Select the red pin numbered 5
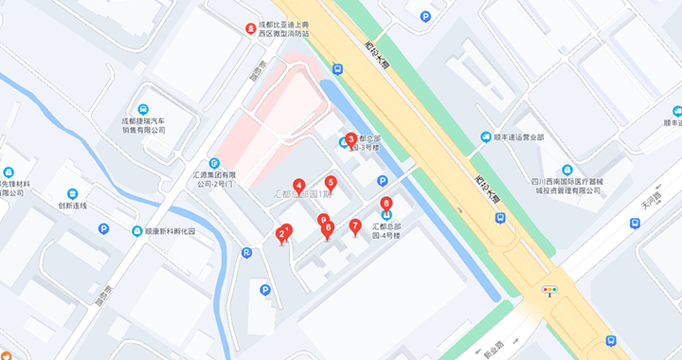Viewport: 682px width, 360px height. (x=331, y=183)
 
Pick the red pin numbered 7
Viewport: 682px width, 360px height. (x=355, y=225)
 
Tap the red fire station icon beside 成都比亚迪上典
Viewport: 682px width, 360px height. (x=251, y=29)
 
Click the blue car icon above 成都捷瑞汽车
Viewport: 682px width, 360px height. (x=143, y=109)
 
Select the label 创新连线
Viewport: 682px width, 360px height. (x=72, y=205)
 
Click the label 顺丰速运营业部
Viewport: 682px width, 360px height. (x=518, y=137)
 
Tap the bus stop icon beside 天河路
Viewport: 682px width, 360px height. (x=636, y=225)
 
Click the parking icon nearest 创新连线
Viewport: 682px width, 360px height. (x=103, y=229)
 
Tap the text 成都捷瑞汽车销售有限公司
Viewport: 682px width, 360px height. (x=143, y=126)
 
